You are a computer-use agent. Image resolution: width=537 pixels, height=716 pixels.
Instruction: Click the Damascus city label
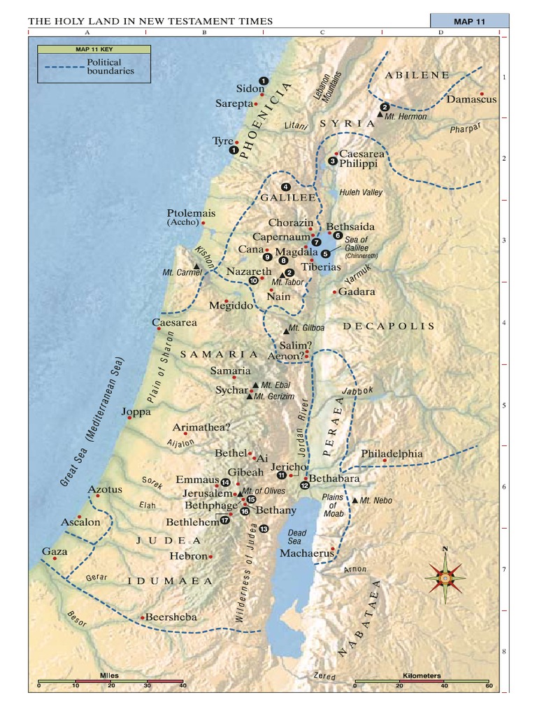point(471,99)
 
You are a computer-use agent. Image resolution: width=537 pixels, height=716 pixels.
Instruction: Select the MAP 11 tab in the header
point(469,21)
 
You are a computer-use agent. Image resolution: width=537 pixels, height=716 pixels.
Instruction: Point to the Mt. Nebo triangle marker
point(355,501)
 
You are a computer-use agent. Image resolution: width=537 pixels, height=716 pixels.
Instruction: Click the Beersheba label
point(171,617)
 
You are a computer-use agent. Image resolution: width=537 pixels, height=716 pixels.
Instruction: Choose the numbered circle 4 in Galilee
point(285,187)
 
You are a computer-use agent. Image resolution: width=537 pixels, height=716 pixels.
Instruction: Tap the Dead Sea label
point(297,537)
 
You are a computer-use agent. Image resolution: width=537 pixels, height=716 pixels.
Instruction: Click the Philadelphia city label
point(392,454)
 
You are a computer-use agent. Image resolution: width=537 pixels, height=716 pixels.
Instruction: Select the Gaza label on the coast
point(55,552)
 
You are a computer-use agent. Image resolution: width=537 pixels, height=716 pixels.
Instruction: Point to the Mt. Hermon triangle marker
point(380,114)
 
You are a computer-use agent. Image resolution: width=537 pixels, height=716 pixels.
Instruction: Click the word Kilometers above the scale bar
point(422,675)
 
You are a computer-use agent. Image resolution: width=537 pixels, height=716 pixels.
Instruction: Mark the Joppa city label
point(136,412)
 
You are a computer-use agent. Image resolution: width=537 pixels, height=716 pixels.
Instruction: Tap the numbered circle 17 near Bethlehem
point(224,520)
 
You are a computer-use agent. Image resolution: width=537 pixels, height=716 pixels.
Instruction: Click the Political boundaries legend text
point(110,67)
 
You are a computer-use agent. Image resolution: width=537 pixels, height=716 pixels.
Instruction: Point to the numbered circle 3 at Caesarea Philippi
point(332,162)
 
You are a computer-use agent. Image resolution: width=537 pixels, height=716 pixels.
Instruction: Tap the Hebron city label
point(189,557)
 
